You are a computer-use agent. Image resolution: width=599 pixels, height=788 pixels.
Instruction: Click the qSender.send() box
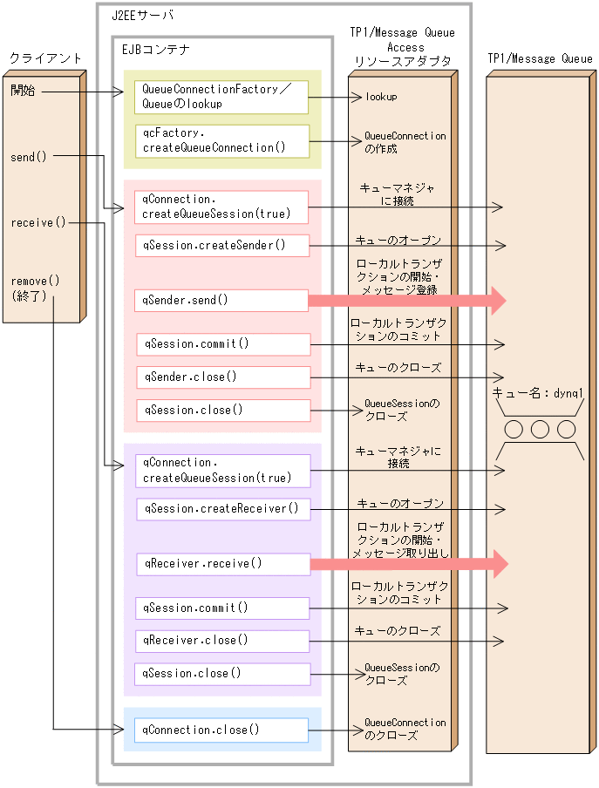pyautogui.click(x=221, y=301)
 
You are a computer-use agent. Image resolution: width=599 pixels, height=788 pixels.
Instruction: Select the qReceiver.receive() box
pyautogui.click(x=222, y=564)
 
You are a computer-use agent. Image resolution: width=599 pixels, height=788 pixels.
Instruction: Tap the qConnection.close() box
pyautogui.click(x=221, y=730)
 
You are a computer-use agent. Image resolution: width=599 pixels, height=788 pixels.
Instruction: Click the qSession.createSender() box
pyautogui.click(x=221, y=246)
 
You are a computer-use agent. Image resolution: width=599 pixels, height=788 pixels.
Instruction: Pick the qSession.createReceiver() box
pyautogui.click(x=223, y=509)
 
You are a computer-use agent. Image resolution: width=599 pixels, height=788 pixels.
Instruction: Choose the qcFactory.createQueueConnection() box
pyautogui.click(x=221, y=140)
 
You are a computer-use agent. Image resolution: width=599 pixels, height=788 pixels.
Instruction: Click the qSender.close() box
pyautogui.click(x=223, y=377)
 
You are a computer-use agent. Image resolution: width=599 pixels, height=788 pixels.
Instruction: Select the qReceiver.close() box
pyautogui.click(x=222, y=641)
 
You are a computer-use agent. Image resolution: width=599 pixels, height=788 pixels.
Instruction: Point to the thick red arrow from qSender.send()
pyautogui.click(x=406, y=301)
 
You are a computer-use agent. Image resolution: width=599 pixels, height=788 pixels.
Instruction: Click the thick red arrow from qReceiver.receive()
pyautogui.click(x=406, y=564)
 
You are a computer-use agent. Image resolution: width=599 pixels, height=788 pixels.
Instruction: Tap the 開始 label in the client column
pyautogui.click(x=24, y=91)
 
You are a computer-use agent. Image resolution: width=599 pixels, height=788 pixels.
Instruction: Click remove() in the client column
pyautogui.click(x=36, y=282)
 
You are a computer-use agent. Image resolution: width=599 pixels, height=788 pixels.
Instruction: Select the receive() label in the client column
pyautogui.click(x=37, y=222)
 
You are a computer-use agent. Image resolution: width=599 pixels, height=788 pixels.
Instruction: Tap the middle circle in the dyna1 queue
pyautogui.click(x=540, y=429)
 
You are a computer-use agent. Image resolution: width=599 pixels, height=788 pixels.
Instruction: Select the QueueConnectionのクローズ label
pyautogui.click(x=404, y=729)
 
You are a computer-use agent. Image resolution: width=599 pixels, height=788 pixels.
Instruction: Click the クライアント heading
pyautogui.click(x=45, y=58)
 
